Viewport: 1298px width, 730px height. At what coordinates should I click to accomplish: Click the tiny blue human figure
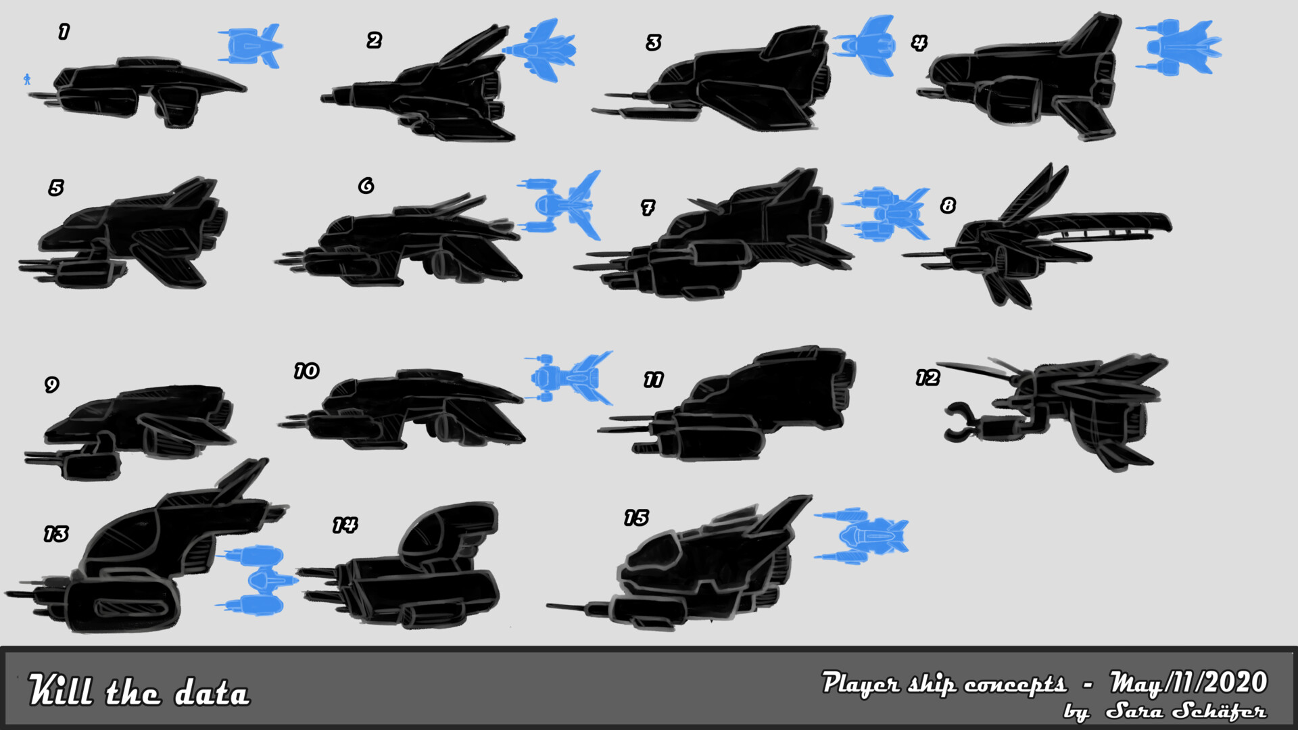pos(27,79)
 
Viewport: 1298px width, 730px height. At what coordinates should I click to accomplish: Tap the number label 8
pos(948,205)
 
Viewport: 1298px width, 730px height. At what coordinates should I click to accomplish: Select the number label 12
pos(928,378)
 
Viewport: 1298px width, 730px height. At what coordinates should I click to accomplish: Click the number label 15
pos(636,518)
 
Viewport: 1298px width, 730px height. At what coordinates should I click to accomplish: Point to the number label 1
pos(64,31)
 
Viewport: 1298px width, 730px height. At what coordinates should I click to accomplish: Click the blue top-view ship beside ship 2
pos(539,50)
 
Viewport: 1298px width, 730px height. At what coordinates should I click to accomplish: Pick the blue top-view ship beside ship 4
pos(1178,47)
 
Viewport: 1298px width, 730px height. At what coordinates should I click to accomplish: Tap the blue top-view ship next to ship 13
pos(258,580)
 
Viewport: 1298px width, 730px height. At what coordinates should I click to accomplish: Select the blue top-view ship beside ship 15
pos(861,536)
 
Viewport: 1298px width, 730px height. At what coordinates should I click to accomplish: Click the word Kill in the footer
pos(59,690)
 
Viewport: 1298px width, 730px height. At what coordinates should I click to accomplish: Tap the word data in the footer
pos(212,693)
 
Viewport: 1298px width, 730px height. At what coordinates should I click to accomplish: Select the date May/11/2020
pos(1188,683)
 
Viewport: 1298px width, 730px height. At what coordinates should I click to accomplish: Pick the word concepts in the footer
pos(1015,685)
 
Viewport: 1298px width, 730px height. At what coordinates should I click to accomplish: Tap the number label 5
pos(56,187)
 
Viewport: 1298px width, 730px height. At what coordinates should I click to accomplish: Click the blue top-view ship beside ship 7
pos(886,214)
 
